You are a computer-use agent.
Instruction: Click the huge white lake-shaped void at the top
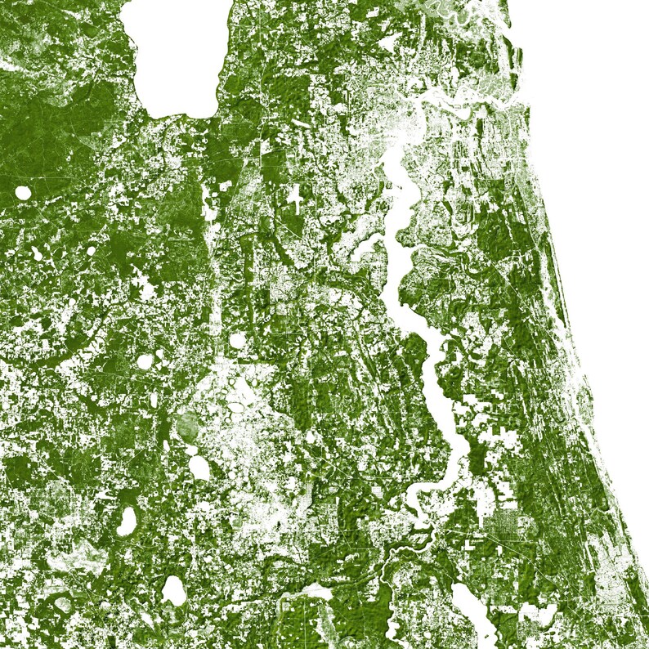176,57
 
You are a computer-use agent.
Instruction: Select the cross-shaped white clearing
293,196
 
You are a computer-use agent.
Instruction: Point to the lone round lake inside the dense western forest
23,194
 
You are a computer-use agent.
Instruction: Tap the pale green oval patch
187,426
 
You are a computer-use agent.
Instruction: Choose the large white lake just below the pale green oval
199,467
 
